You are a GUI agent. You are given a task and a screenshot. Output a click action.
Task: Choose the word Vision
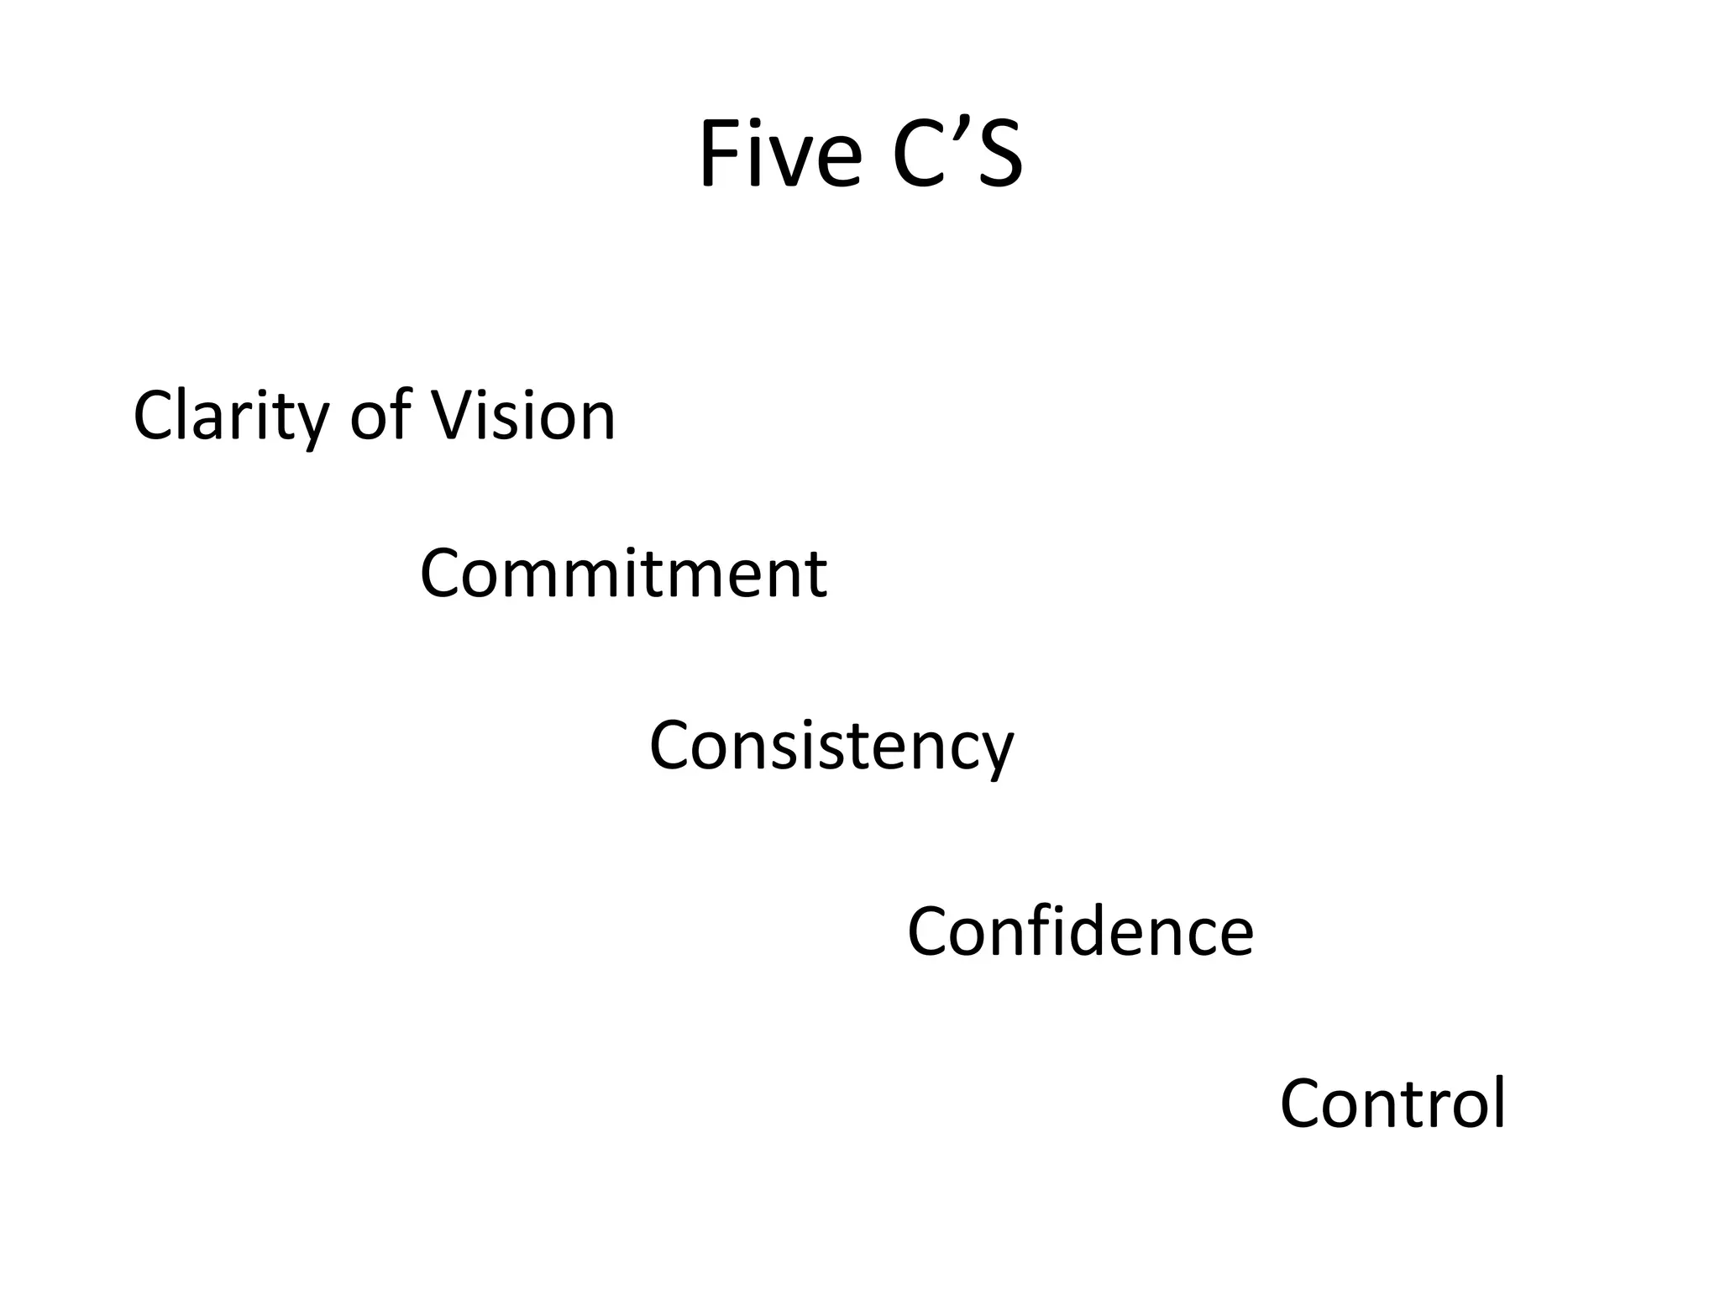click(x=522, y=416)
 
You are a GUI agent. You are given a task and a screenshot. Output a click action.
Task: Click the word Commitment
click(x=623, y=573)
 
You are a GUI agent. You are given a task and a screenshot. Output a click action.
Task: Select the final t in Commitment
click(x=816, y=574)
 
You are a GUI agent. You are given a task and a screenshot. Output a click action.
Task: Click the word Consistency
click(x=831, y=746)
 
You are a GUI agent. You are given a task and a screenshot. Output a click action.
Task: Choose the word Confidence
click(x=1080, y=931)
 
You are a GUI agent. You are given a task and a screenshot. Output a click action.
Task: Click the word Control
click(x=1392, y=1104)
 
